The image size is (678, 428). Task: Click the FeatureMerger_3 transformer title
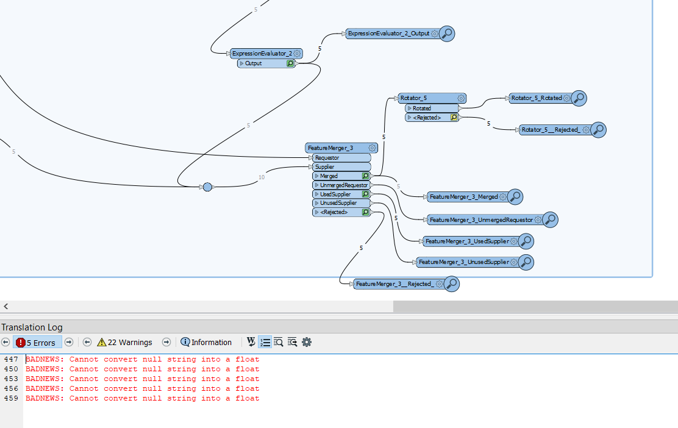tap(330, 148)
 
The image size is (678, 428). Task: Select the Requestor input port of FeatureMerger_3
tap(341, 158)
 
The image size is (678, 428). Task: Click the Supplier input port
tap(341, 167)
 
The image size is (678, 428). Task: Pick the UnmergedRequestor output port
tap(341, 185)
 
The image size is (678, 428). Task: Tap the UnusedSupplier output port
tap(341, 203)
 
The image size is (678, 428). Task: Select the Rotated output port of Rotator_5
tap(432, 108)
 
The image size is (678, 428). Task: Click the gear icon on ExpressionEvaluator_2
tap(297, 54)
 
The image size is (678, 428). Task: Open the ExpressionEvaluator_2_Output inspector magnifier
tap(447, 34)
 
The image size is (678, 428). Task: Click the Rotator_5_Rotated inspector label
tap(537, 98)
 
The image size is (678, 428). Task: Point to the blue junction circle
tap(207, 187)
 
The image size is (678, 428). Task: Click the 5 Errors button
tap(37, 343)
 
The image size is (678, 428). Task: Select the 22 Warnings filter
tap(125, 343)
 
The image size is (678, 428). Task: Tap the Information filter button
tap(206, 343)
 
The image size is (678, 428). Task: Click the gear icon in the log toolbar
tap(307, 343)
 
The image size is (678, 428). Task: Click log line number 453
tap(11, 379)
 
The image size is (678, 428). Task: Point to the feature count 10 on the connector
tap(262, 177)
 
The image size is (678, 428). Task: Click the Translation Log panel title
tap(32, 327)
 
